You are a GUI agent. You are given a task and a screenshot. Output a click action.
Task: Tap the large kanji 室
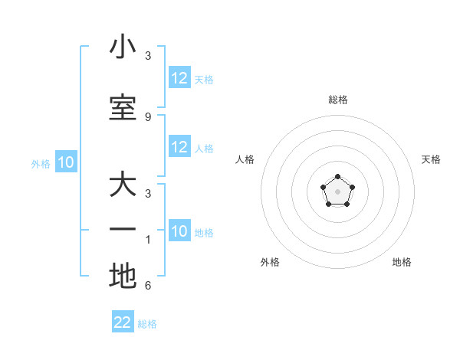tap(123, 108)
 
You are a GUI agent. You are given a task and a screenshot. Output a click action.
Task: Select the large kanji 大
tap(123, 185)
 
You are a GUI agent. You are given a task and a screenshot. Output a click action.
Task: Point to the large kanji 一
tap(123, 230)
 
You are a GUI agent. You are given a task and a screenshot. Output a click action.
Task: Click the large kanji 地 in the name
tap(123, 276)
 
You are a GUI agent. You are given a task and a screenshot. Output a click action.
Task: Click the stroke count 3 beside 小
tap(148, 56)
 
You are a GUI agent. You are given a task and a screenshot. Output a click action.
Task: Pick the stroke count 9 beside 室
tap(148, 116)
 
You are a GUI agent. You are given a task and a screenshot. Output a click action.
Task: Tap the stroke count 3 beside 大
tap(148, 194)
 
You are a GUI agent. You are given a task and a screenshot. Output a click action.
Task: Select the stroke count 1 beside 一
tap(148, 240)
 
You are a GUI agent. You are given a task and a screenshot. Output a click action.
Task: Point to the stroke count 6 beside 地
tap(148, 286)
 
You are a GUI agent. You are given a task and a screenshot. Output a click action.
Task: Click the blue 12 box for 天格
tap(179, 78)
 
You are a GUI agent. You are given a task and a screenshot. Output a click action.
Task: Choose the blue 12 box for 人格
tap(179, 147)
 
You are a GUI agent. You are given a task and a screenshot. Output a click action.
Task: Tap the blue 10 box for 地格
tap(179, 231)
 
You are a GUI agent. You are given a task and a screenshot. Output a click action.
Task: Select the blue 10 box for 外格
tap(66, 162)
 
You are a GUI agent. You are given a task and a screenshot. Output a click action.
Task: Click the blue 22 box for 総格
tap(123, 322)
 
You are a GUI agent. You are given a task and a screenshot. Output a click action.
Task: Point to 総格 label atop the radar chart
tap(338, 100)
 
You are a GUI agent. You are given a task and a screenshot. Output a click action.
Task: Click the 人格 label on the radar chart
tap(245, 159)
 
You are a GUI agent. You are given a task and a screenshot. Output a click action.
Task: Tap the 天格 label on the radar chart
tap(431, 159)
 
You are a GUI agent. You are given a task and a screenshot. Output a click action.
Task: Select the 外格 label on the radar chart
tap(270, 262)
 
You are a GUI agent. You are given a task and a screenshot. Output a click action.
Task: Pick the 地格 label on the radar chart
tap(402, 262)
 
